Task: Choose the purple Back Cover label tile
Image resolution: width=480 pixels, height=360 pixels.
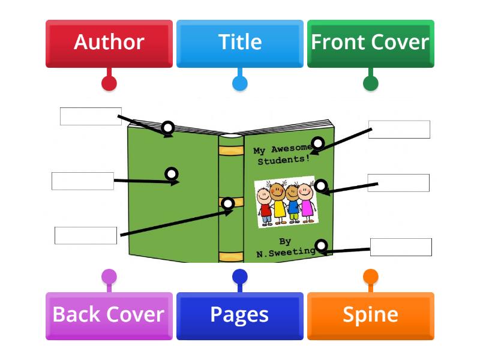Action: coord(109,315)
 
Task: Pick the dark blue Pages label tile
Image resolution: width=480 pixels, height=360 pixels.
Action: coord(239,315)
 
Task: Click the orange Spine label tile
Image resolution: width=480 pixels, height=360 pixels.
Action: coord(370,315)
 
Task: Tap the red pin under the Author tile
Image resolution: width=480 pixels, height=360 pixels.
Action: coord(109,83)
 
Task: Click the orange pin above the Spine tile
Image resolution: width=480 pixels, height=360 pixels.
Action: coord(371,277)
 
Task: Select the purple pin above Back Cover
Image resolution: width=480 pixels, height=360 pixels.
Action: coord(109,277)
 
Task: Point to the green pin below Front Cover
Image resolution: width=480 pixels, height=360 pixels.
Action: coord(371,83)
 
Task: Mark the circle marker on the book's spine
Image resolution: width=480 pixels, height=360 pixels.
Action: coord(228,203)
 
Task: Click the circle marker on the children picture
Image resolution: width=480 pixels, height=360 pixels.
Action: coord(321,185)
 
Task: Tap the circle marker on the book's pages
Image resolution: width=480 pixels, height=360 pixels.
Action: coord(169,127)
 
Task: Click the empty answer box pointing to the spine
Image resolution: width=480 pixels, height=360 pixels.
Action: coord(86,236)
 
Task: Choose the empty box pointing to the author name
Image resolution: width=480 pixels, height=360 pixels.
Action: coord(401,247)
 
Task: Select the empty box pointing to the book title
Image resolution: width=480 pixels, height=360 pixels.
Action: coord(399,130)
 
